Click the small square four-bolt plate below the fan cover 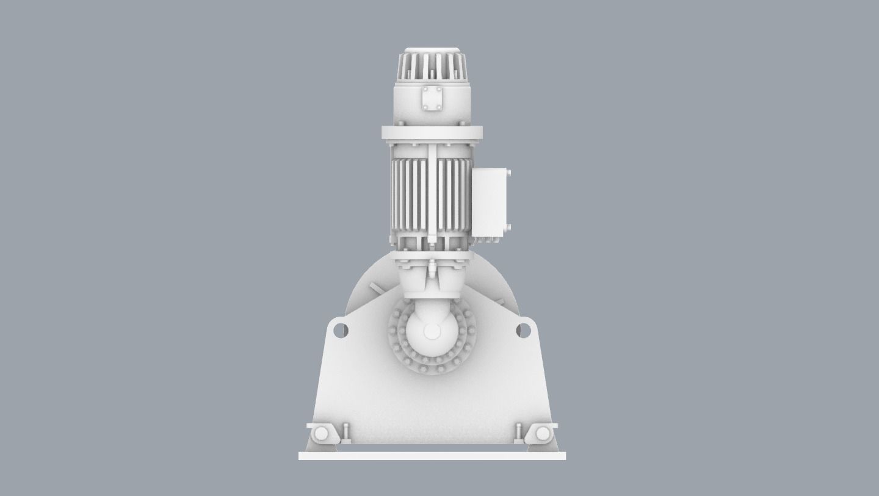tap(432, 99)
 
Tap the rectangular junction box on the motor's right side tap(490, 201)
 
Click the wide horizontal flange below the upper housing tap(432, 133)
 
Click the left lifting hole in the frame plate tap(341, 331)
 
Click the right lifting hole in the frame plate tap(523, 331)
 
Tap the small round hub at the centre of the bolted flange tap(432, 332)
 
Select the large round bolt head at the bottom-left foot tap(321, 434)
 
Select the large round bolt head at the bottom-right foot tap(543, 434)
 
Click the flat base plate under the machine tap(432, 456)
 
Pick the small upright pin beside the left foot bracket tap(346, 431)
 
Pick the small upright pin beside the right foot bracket tap(518, 431)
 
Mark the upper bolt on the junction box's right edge tap(508, 174)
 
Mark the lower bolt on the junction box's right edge tap(508, 228)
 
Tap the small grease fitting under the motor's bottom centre tap(432, 267)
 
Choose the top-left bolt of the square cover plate tap(425, 90)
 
